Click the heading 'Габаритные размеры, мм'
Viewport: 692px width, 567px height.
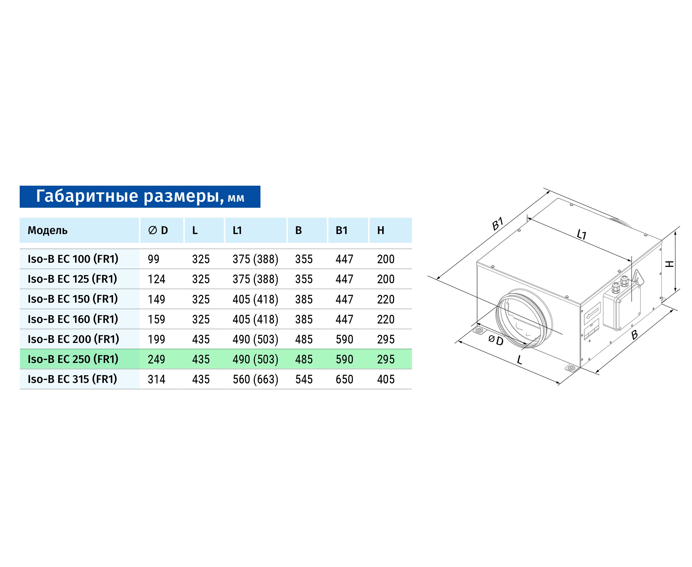pyautogui.click(x=140, y=196)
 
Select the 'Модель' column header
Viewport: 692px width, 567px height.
pyautogui.click(x=48, y=230)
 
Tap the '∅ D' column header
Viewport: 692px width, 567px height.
pyautogui.click(x=158, y=230)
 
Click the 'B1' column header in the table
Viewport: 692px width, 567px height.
pyautogui.click(x=342, y=230)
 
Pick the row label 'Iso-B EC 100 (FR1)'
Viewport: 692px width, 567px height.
pyautogui.click(x=73, y=259)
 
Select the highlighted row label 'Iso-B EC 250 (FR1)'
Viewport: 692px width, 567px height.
pyautogui.click(x=73, y=359)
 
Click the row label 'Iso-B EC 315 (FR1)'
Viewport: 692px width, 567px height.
pyautogui.click(x=73, y=379)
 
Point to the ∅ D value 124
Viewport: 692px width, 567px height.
pyautogui.click(x=157, y=279)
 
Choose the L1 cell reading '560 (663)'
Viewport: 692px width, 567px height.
pyautogui.click(x=255, y=379)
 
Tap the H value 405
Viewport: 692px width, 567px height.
pyautogui.click(x=386, y=379)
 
